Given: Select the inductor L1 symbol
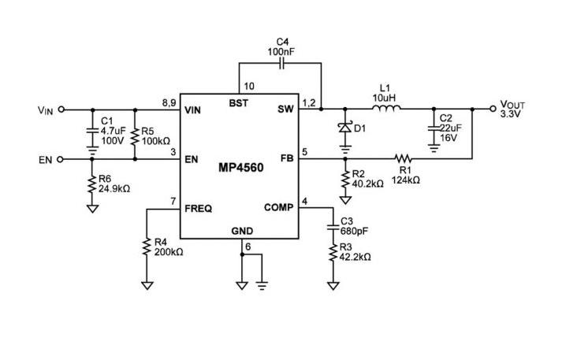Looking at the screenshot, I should (x=385, y=109).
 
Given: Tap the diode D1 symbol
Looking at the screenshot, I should (x=344, y=128).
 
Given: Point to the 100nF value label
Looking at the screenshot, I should (x=281, y=51).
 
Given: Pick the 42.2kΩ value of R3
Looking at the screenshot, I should (x=356, y=257).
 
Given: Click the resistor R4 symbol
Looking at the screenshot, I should (x=147, y=247).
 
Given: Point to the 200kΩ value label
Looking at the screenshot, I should (x=168, y=252).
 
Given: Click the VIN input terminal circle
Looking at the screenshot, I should (x=61, y=110).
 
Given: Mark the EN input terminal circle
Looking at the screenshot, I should (x=61, y=159).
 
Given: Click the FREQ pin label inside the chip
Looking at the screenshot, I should (x=198, y=209).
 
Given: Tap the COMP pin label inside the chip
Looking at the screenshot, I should (x=279, y=208).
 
